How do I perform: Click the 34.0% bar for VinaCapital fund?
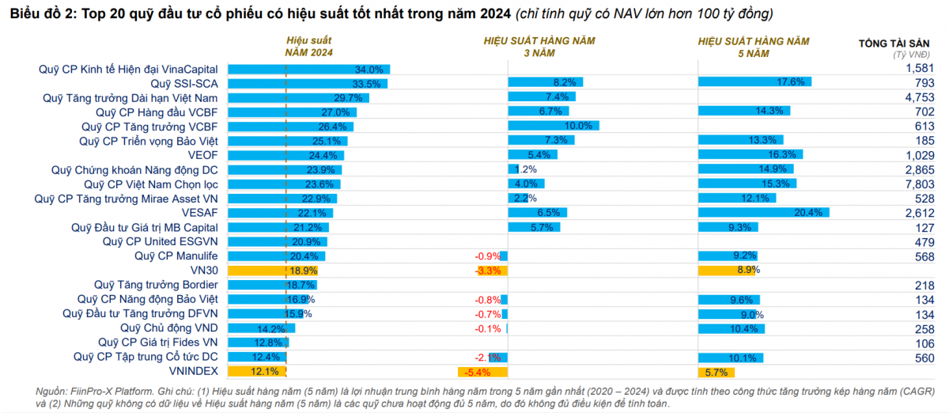(x=309, y=70)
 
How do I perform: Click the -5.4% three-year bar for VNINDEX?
(x=482, y=372)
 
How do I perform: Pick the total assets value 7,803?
(x=920, y=184)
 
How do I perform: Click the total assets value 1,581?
(x=920, y=69)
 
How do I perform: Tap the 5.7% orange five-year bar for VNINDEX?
(x=716, y=372)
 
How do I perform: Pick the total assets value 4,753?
(x=920, y=97)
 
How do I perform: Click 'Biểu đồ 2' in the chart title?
(x=40, y=14)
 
